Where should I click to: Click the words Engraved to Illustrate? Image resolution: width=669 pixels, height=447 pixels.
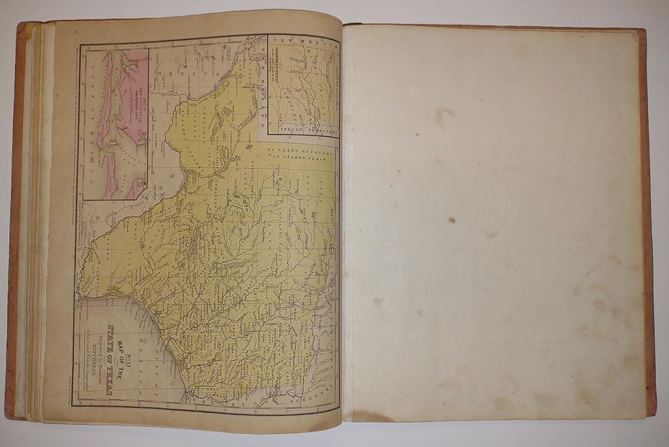coord(100,361)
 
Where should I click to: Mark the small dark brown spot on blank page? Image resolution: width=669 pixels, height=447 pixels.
coord(452,220)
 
